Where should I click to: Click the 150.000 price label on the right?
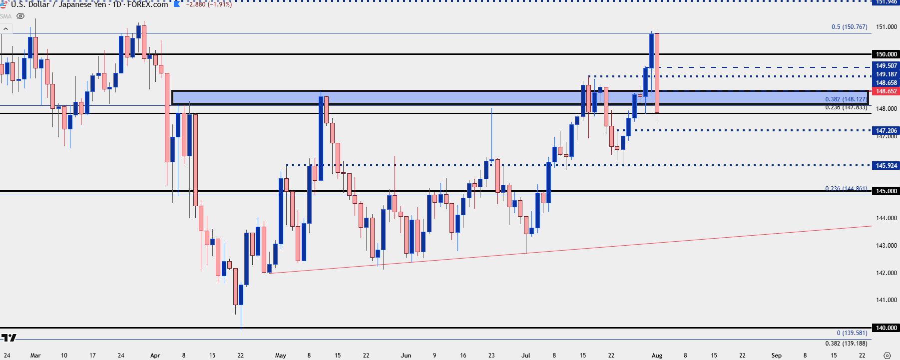pos(886,54)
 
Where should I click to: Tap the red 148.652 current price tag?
pos(886,91)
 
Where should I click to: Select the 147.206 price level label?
pos(886,130)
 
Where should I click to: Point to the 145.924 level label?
pos(886,165)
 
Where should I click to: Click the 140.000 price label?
pos(886,328)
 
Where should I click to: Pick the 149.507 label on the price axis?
pos(886,66)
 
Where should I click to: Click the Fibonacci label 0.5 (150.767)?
pos(849,27)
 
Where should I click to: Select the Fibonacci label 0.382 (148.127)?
pos(846,99)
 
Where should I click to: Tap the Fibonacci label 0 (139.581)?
pos(852,333)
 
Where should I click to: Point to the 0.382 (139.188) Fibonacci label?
pos(846,344)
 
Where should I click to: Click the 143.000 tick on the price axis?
pos(887,246)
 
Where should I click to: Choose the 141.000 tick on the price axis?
pos(887,300)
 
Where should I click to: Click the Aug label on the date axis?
pos(657,356)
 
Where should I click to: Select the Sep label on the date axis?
pos(776,356)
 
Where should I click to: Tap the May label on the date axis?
pos(281,356)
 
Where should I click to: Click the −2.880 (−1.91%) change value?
pos(209,4)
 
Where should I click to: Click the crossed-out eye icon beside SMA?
pos(20,16)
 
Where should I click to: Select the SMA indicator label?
pos(6,16)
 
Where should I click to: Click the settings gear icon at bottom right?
pos(887,356)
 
